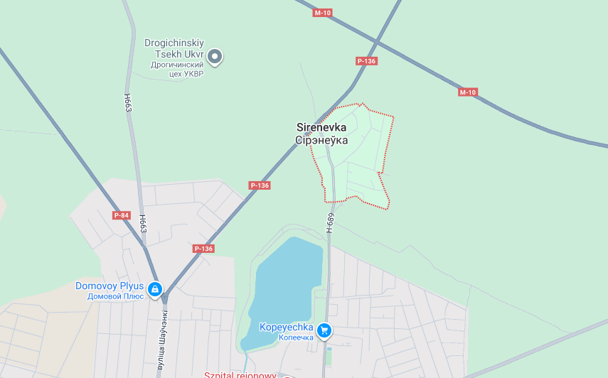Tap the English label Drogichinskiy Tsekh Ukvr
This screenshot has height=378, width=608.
(174, 48)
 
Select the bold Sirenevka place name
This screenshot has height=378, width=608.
(321, 127)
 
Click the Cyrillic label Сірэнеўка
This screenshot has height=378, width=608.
(321, 140)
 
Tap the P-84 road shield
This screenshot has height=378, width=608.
(122, 215)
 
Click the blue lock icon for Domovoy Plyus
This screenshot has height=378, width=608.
(155, 289)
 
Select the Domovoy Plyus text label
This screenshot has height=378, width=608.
(110, 286)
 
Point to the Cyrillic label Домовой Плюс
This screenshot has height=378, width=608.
(115, 296)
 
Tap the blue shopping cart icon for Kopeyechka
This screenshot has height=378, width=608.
(324, 330)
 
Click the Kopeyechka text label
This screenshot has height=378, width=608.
(287, 327)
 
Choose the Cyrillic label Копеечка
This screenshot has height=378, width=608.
(296, 337)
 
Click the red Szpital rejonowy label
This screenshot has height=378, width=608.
(240, 374)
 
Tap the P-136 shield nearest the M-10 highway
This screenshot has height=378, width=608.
(366, 61)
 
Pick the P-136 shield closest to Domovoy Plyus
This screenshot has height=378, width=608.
(203, 249)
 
